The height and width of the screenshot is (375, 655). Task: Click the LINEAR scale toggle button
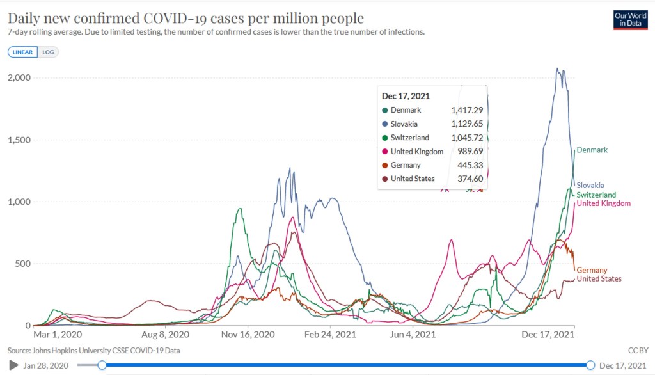[x=23, y=52]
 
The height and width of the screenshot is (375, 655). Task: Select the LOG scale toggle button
[x=48, y=52]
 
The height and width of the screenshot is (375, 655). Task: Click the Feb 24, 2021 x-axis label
[x=329, y=334]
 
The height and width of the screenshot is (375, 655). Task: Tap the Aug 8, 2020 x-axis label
[x=164, y=334]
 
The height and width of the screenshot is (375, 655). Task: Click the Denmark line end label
[x=592, y=150]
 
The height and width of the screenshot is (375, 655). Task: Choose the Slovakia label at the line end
[x=590, y=186]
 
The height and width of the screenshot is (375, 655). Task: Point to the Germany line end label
[x=592, y=271]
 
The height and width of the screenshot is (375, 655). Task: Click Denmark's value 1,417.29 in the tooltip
[x=466, y=110]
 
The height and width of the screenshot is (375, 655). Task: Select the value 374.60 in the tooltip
[x=469, y=179]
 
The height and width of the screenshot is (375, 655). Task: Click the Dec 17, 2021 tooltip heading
[x=406, y=96]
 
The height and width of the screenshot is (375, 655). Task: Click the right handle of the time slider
[x=590, y=365]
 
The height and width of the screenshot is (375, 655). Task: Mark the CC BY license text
[x=637, y=351]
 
